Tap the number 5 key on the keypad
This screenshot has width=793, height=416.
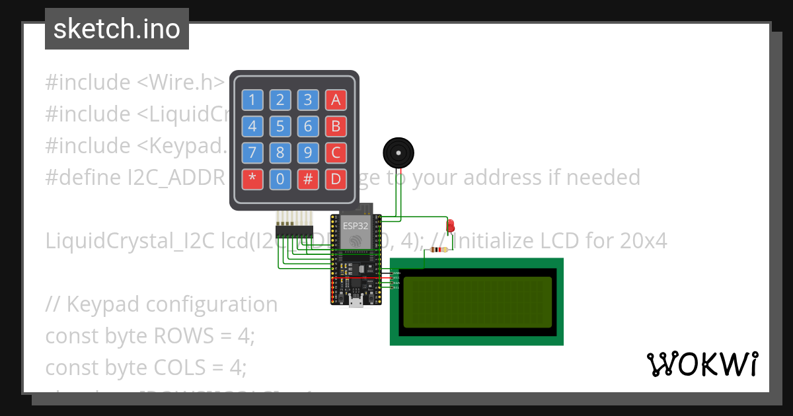coord(280,126)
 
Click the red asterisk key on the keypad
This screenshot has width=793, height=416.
coord(252,179)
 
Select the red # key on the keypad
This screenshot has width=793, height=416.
coord(308,179)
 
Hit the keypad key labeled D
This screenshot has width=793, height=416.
coord(336,179)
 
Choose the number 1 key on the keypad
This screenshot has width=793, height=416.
coord(252,100)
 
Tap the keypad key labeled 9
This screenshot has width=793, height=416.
coord(308,153)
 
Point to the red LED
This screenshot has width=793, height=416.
coord(451,226)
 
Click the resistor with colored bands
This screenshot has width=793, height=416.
coord(438,250)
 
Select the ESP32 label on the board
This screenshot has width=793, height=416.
coord(356,226)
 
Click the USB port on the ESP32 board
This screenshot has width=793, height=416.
coord(356,302)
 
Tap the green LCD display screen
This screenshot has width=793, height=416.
coord(477,302)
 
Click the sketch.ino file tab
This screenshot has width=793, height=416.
coord(117,29)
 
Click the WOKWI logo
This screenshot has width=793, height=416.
coord(702,364)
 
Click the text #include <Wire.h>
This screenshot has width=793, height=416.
coord(135,83)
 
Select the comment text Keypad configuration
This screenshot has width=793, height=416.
coord(172,304)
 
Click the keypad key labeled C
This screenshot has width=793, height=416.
coord(336,153)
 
